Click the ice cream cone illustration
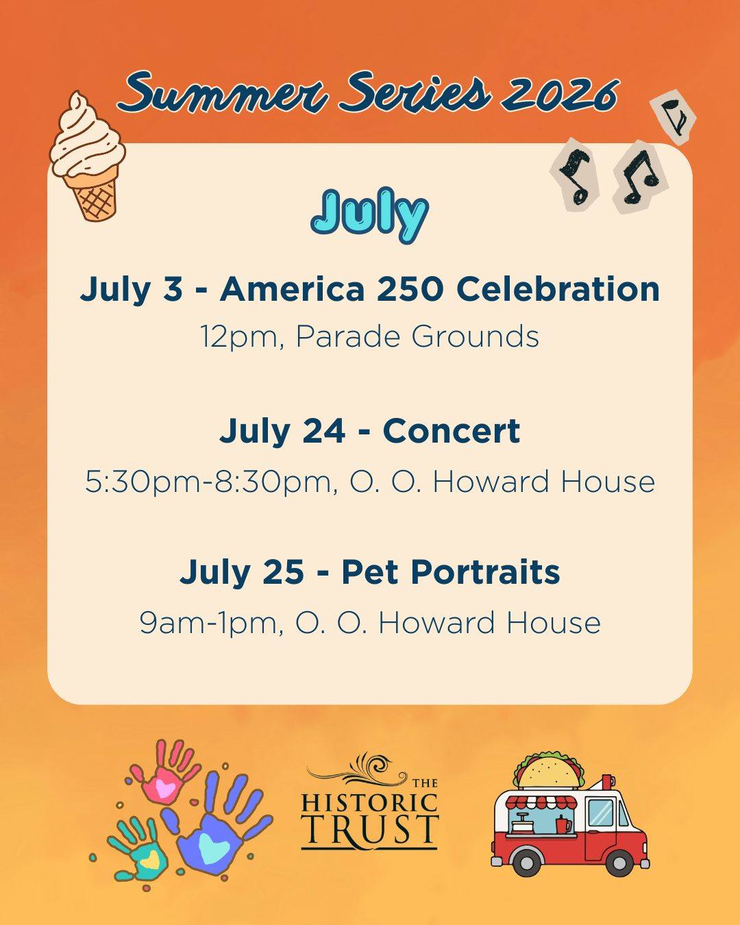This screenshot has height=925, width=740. pos(87,157)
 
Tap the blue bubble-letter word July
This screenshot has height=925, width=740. pos(370,215)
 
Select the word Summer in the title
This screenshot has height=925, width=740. pos(224,93)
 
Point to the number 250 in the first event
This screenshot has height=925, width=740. pos(410,289)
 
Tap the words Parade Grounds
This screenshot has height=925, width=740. pos(417,336)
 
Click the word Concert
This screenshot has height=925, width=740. pos(452,431)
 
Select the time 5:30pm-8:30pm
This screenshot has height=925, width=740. pos(208,482)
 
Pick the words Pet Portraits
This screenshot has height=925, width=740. pos(451,573)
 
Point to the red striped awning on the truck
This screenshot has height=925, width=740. pos(542,802)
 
